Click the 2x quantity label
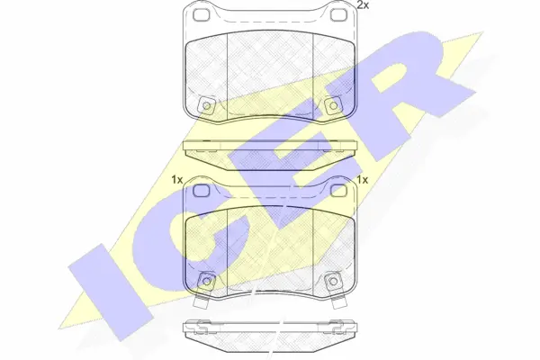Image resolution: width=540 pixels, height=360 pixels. (x=363, y=6)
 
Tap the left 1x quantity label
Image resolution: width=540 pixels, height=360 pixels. (x=176, y=180)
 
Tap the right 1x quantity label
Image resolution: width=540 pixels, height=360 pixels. (x=364, y=180)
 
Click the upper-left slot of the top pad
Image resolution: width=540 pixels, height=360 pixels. (x=200, y=17)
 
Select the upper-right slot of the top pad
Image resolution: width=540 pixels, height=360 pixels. (x=339, y=17)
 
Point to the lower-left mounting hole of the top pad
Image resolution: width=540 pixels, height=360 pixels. (x=208, y=107)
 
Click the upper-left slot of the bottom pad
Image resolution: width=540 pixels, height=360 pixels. (x=200, y=191)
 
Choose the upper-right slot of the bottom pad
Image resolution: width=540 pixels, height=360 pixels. (x=339, y=191)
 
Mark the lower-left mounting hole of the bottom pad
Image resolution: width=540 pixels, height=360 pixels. (x=208, y=281)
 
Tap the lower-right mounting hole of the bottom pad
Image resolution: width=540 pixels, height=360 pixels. (x=332, y=281)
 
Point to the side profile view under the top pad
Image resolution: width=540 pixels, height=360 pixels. (x=270, y=148)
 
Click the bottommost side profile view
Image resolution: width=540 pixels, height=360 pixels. (x=270, y=330)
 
